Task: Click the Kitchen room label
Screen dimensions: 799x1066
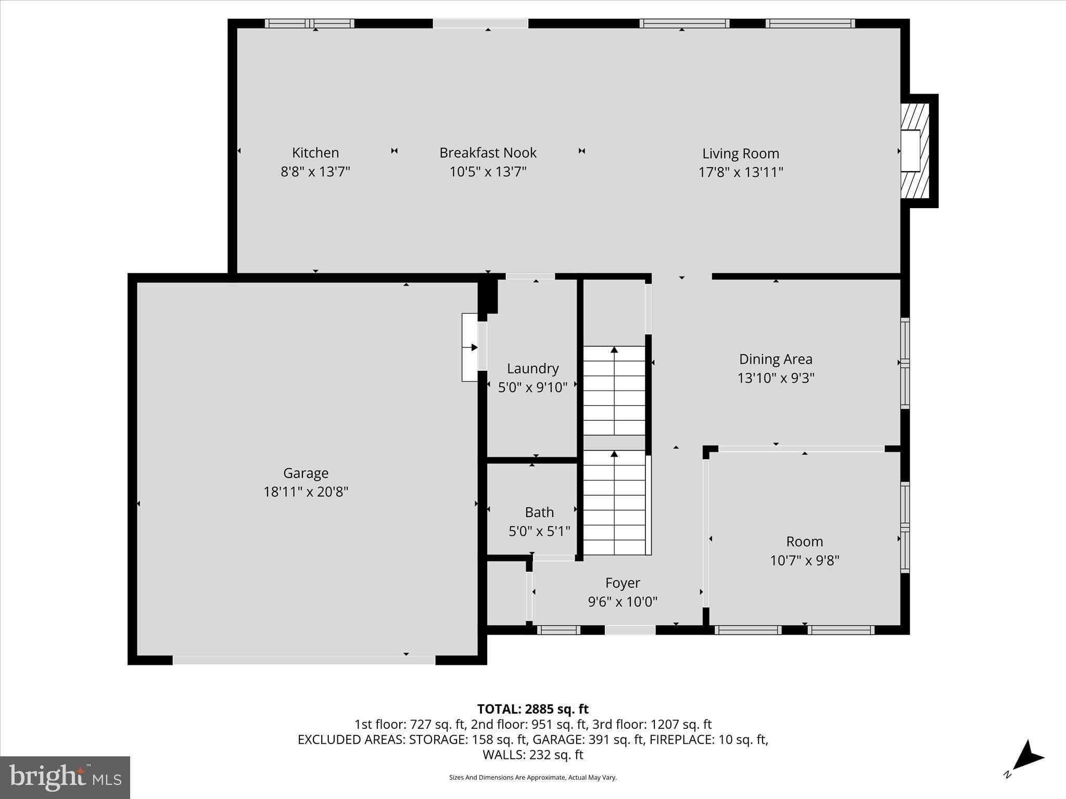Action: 315,152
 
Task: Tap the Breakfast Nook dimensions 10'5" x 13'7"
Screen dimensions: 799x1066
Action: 488,171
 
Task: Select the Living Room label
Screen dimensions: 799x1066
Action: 740,153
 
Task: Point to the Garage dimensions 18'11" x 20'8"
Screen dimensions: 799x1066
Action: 306,492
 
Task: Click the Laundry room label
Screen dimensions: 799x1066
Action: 532,368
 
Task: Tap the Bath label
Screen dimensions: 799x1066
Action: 539,512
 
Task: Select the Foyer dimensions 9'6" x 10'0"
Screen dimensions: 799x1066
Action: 623,602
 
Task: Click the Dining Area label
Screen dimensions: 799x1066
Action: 775,359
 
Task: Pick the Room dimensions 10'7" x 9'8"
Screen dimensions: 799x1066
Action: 804,560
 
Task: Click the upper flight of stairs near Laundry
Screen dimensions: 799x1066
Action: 614,390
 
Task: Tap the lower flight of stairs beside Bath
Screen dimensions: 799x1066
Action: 614,502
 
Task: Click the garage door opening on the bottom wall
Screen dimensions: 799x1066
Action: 304,660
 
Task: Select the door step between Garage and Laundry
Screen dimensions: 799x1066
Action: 469,347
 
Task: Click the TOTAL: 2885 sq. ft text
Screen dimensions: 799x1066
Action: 532,709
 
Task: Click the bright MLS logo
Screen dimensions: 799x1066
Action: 65,777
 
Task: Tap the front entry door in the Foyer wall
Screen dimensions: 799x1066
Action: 630,630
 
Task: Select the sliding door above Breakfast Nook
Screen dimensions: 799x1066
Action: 480,23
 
